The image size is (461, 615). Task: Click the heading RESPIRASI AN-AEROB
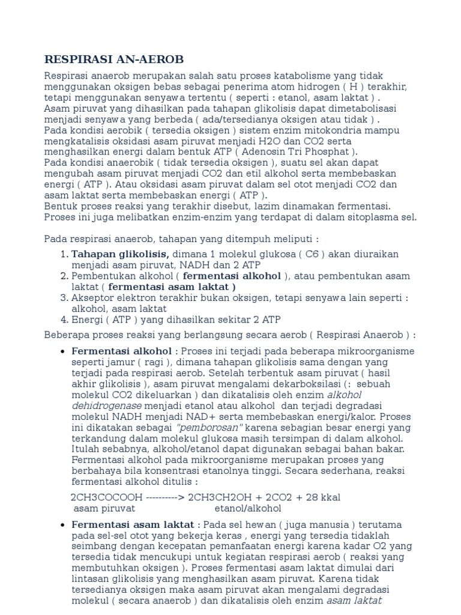[x=114, y=59]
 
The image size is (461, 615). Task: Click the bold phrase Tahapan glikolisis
[x=120, y=254]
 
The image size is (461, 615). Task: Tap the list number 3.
[x=64, y=297]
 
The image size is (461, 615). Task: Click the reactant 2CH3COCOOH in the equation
[x=107, y=498]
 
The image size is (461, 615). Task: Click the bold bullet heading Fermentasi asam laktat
[x=133, y=524]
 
